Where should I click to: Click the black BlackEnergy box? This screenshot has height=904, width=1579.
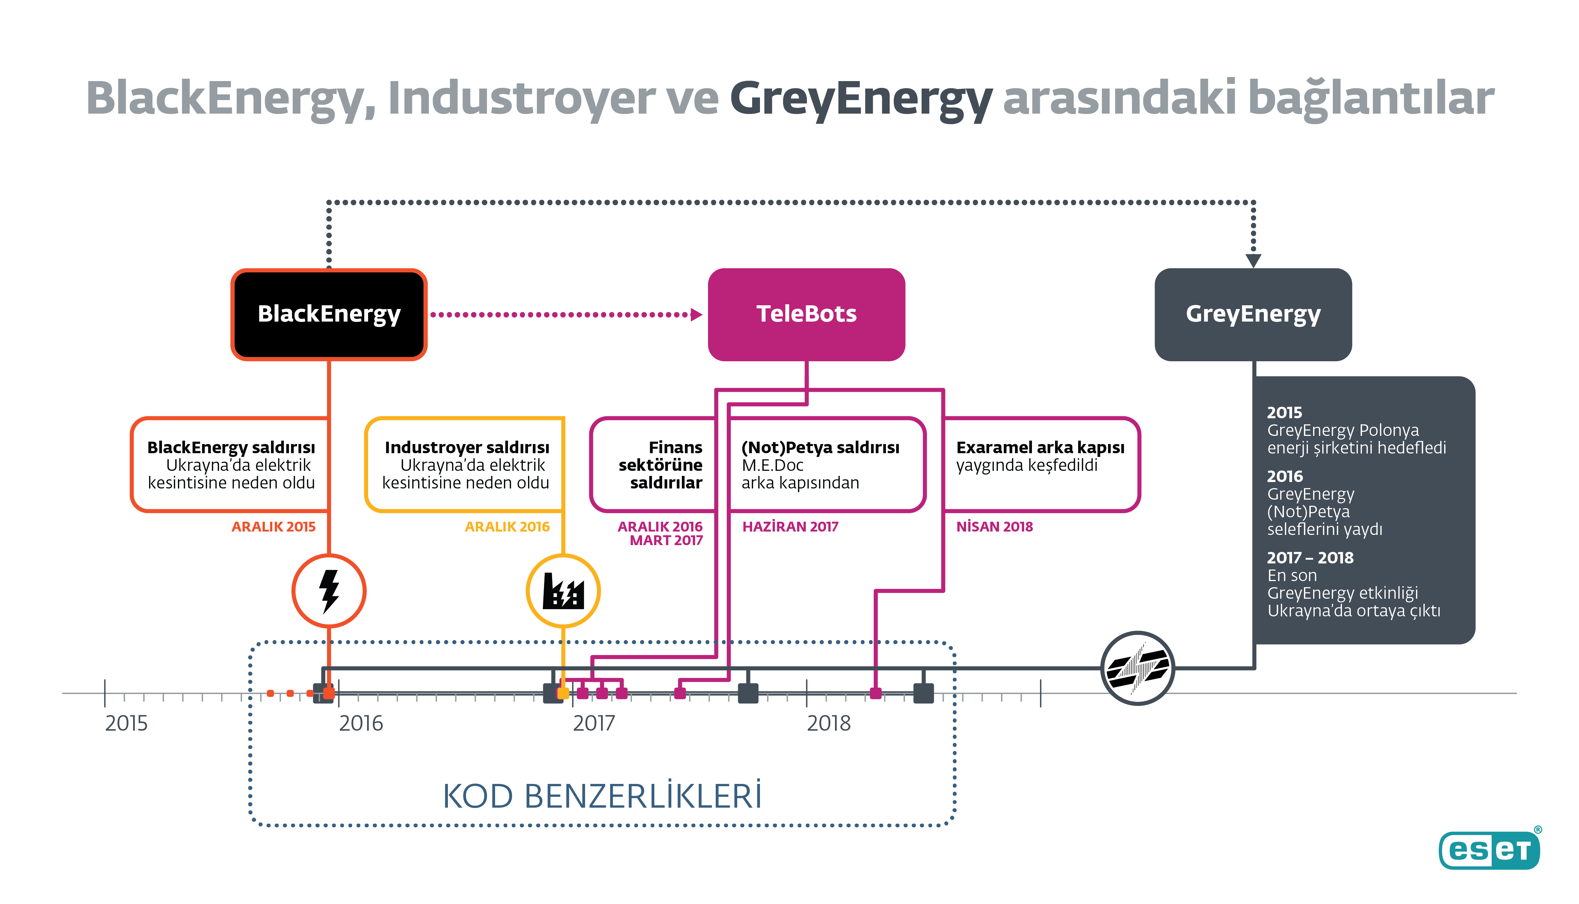click(329, 314)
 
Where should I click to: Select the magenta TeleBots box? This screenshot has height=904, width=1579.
click(806, 314)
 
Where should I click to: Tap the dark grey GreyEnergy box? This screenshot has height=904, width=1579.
click(1253, 314)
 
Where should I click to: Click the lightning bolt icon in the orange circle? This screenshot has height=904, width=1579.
click(329, 591)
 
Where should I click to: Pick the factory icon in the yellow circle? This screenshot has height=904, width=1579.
click(563, 591)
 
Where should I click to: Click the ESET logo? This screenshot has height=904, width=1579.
click(1489, 849)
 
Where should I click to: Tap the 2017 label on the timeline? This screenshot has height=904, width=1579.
click(594, 723)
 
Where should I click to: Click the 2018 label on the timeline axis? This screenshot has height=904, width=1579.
click(828, 723)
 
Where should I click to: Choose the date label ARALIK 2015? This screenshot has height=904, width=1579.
click(273, 526)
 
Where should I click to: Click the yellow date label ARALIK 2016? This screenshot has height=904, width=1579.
click(507, 526)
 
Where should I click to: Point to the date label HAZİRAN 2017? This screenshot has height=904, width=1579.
click(790, 526)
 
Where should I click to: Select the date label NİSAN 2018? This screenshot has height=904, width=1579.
click(994, 526)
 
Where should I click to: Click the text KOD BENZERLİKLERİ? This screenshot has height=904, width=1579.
click(601, 796)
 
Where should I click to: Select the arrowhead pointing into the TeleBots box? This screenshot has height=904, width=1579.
click(696, 315)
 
